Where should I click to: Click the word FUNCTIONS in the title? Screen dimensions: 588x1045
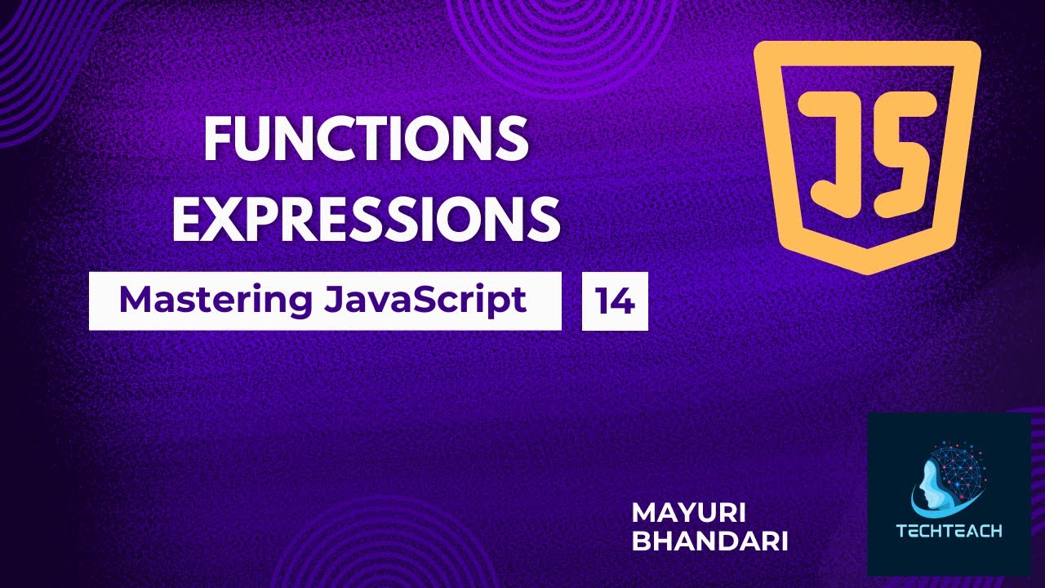(366, 139)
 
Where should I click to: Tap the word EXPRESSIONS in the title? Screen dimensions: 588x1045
(366, 218)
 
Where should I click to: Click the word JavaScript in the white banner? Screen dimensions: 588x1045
(425, 301)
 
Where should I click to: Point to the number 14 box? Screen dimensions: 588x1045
(615, 301)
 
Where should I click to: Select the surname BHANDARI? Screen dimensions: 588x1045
(709, 542)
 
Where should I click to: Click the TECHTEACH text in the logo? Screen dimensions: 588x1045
(949, 531)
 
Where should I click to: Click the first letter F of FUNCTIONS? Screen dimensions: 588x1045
(217, 139)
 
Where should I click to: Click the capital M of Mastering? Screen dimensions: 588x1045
(135, 301)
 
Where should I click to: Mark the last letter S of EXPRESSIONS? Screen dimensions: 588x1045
(542, 218)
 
